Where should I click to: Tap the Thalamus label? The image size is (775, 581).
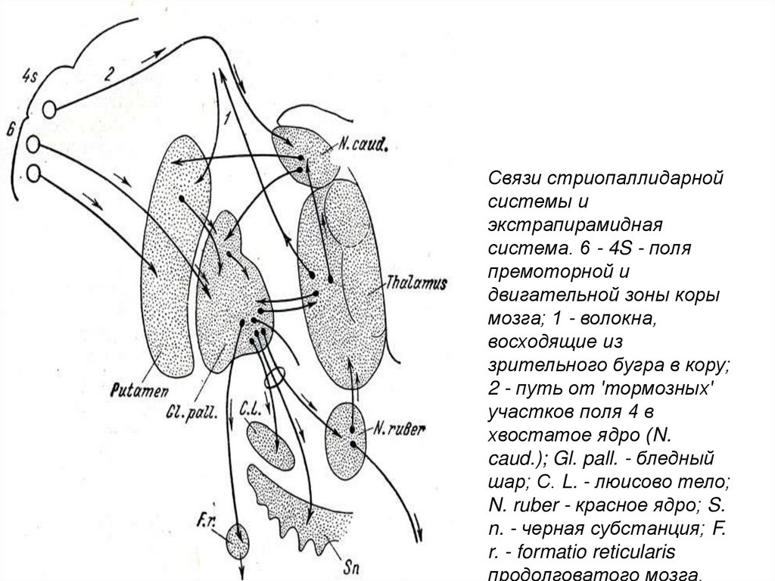416,282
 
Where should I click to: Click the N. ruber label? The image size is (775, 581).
397,429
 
